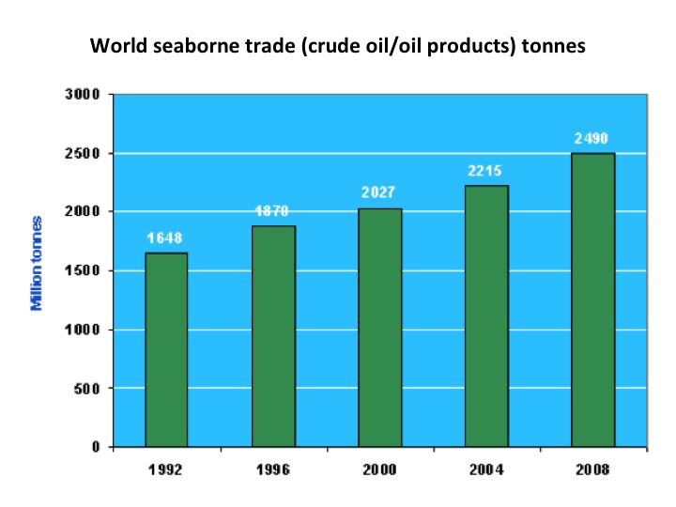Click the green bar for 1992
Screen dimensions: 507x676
pos(166,349)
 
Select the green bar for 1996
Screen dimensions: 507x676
pos(273,336)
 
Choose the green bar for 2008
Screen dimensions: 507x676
pos(593,300)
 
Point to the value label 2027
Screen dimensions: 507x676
pos(380,193)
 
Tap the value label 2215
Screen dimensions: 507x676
pos(486,171)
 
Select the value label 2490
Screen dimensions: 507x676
pos(593,138)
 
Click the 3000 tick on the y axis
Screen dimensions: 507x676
pos(82,94)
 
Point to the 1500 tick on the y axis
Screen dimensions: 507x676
pos(82,270)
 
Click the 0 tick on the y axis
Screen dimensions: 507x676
pos(96,447)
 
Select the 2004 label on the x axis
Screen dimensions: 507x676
pos(486,468)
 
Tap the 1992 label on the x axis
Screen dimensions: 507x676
pos(166,468)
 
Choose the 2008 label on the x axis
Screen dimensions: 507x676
pos(593,468)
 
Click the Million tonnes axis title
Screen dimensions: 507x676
pos(37,264)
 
